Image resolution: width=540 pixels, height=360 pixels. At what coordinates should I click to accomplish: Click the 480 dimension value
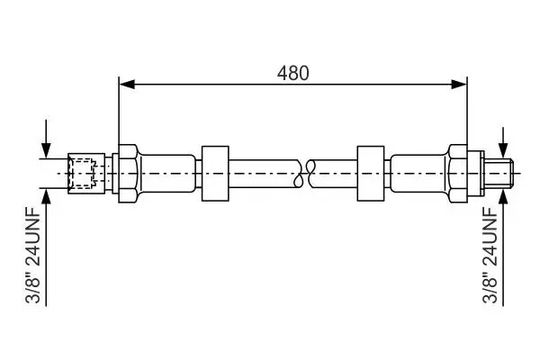point(293,73)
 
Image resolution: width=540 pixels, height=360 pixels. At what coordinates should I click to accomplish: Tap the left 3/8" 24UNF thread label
point(32,255)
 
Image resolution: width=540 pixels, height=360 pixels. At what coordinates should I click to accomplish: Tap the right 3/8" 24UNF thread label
point(490,255)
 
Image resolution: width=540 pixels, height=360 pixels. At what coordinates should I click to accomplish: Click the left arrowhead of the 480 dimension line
point(127,84)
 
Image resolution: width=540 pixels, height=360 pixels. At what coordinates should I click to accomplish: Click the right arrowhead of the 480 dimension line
point(459,84)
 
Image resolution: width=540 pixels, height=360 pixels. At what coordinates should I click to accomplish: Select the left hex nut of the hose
point(129,174)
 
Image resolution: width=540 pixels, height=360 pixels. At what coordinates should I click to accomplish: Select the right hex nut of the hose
point(458,174)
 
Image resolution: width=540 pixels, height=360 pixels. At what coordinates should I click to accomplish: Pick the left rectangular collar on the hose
point(215,174)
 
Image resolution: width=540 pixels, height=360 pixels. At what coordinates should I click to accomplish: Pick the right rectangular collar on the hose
point(371,174)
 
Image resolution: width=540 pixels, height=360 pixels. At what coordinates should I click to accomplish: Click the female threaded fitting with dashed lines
point(86,174)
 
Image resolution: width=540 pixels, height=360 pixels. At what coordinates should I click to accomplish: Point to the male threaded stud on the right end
point(499,174)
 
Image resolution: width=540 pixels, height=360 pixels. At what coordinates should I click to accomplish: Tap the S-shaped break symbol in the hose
point(304,174)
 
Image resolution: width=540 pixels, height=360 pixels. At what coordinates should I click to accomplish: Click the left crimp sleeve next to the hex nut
point(167,174)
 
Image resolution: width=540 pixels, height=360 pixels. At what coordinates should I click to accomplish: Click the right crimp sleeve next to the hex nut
point(419,174)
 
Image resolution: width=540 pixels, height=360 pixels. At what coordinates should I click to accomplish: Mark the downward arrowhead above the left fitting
point(46,150)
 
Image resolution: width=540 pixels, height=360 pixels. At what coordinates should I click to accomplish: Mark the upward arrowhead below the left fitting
point(46,196)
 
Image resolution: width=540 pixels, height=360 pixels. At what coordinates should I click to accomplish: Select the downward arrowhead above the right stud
point(503,150)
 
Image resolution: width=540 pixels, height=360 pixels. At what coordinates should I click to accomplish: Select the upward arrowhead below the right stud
point(503,196)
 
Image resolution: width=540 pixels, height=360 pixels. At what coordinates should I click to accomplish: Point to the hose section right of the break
point(333,174)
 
